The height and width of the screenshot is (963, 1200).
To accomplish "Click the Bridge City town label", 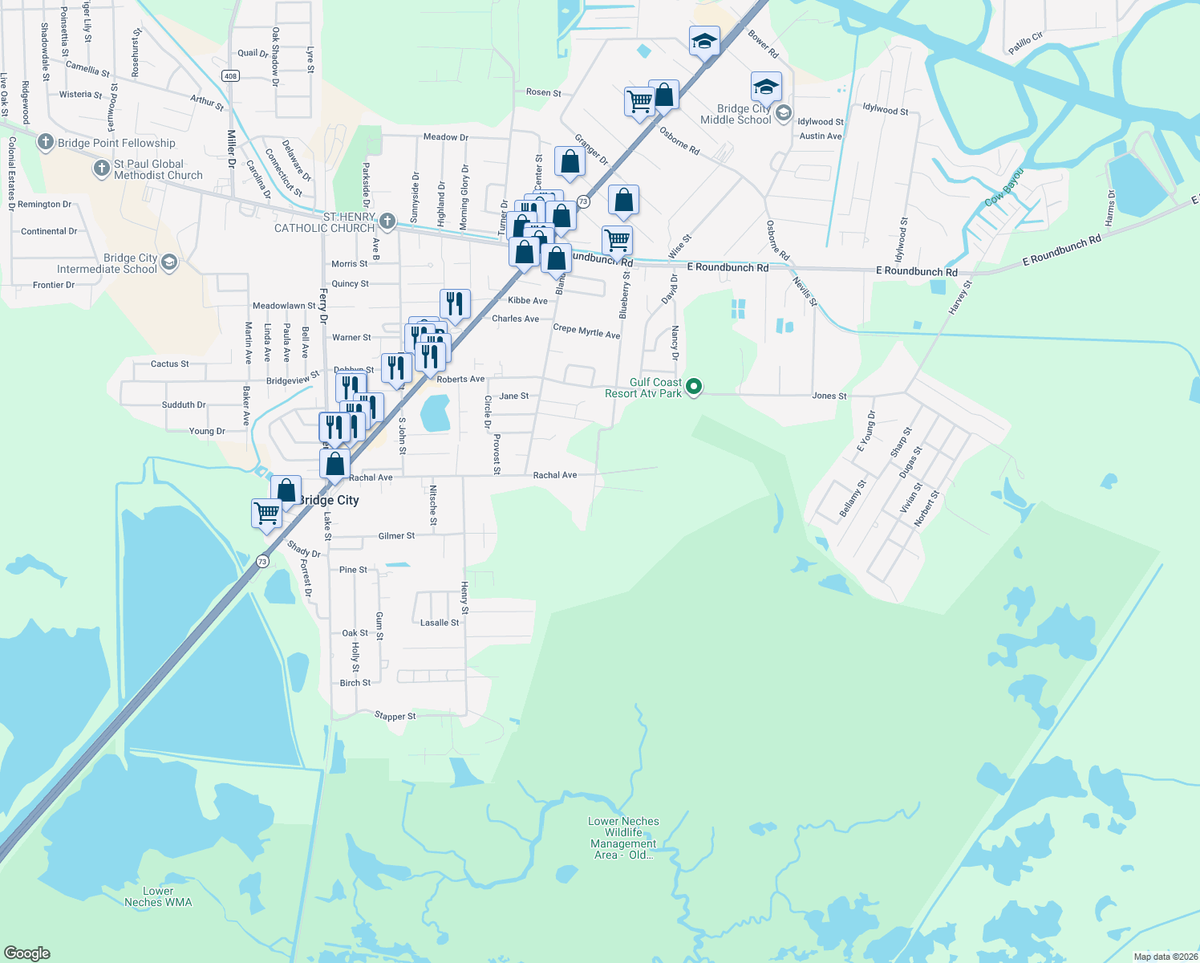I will [329, 500].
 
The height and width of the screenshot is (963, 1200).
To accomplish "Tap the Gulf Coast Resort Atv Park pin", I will [695, 387].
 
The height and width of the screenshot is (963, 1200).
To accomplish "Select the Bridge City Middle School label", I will [736, 114].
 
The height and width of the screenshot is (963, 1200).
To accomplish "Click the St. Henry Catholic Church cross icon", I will [387, 221].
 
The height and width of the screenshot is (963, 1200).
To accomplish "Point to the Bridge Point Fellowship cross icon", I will [46, 142].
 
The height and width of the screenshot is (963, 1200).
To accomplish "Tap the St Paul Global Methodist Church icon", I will [101, 169].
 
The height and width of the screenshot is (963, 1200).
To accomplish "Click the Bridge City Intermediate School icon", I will [169, 262].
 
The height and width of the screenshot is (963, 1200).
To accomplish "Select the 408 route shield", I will [231, 76].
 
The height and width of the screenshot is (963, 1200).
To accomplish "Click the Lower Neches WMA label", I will [158, 896].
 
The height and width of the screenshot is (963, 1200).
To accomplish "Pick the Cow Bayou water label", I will [1004, 188].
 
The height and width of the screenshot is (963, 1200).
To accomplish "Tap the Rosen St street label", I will [543, 92].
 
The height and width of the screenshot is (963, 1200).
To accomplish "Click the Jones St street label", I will [829, 396].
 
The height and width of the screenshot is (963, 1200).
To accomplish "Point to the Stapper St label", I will [395, 716].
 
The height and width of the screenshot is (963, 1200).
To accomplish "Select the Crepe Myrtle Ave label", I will [586, 331].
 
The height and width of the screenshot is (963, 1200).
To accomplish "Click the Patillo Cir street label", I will [1025, 43].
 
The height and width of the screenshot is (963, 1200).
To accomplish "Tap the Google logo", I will [27, 953].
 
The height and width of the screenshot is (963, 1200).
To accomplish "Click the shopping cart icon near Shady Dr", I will [266, 511].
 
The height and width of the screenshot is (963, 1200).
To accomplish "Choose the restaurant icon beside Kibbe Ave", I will [455, 304].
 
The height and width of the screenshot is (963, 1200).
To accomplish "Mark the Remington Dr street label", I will [44, 205].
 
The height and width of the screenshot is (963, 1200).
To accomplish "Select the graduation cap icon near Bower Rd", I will [704, 41].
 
